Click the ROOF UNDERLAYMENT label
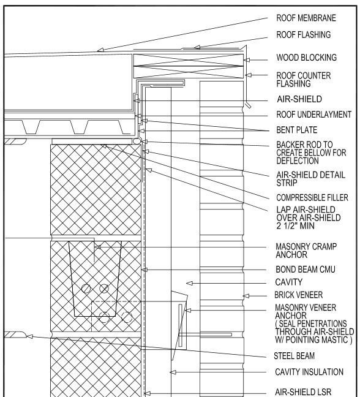(312, 114)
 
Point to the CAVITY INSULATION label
(308, 371)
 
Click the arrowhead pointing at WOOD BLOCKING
(248, 59)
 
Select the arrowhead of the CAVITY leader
(190, 282)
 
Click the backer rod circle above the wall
(137, 142)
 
